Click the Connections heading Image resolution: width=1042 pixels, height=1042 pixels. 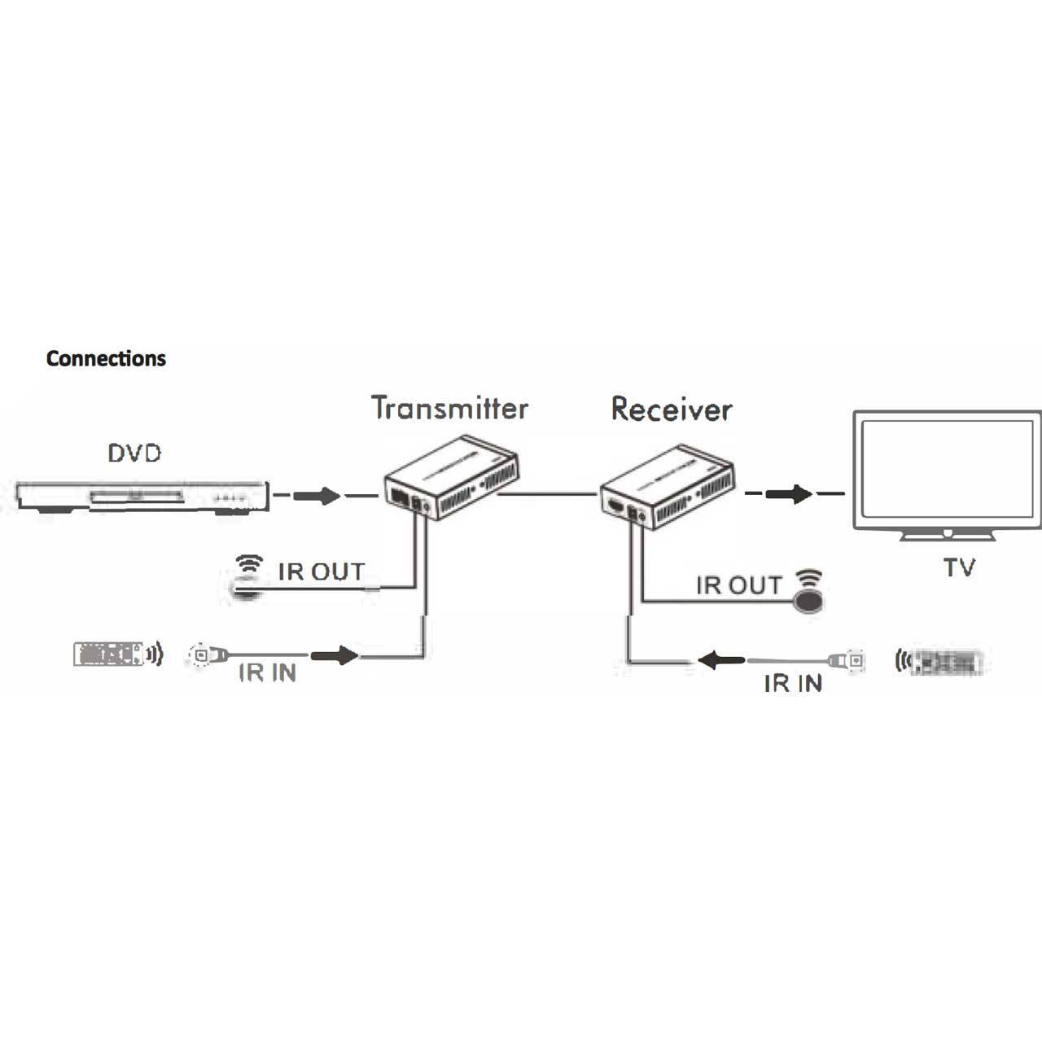click(106, 358)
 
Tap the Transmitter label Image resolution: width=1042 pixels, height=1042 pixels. click(449, 408)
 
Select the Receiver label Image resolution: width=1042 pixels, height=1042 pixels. click(672, 409)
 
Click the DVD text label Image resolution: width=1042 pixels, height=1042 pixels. click(135, 453)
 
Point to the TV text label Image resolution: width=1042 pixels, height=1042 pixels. click(959, 567)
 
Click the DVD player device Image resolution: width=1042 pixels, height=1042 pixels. click(142, 497)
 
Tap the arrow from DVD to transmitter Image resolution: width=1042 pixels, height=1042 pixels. click(317, 495)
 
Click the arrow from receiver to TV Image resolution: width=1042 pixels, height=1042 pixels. click(789, 493)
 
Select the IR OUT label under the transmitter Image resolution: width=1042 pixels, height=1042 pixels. click(321, 571)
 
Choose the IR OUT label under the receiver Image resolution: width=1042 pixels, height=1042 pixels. click(738, 585)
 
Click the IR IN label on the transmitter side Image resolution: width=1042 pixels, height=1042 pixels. click(267, 673)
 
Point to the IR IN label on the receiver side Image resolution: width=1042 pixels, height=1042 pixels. click(793, 684)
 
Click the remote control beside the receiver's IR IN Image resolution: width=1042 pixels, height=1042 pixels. click(946, 663)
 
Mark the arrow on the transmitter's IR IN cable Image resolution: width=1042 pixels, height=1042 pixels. click(335, 655)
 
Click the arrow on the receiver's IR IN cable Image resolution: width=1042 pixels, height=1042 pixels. click(721, 659)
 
